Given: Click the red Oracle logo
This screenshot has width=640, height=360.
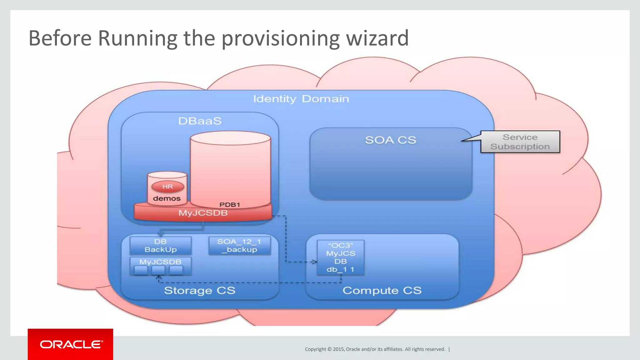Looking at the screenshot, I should click(x=70, y=344).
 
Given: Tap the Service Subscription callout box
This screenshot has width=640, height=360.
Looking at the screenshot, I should click(x=520, y=142).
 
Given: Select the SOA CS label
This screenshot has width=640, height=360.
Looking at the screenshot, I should click(x=390, y=140).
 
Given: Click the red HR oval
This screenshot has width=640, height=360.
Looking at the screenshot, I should click(x=167, y=187).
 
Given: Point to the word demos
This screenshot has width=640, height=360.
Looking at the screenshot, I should click(x=167, y=198).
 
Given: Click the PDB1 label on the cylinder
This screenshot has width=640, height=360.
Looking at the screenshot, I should click(x=230, y=205).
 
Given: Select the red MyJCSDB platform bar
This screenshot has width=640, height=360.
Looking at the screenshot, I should click(x=203, y=213).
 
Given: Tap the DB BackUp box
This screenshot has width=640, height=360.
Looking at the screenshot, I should click(x=160, y=246).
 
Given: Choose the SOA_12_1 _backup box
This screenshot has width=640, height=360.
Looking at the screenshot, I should click(x=239, y=246).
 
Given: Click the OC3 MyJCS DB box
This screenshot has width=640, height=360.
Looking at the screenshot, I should click(x=340, y=257).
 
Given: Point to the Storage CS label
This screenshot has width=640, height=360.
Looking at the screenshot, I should click(x=199, y=290).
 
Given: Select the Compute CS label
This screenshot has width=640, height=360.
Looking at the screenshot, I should click(x=382, y=290).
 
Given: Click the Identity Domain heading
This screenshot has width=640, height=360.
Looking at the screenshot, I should click(x=301, y=99).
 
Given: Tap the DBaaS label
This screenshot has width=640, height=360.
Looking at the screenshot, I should click(x=200, y=121).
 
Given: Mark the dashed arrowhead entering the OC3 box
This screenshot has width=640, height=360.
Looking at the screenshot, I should click(x=314, y=262).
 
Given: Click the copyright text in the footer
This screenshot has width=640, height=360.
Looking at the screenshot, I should click(x=375, y=349).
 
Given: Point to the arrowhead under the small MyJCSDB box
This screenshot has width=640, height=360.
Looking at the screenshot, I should click(x=159, y=277).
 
